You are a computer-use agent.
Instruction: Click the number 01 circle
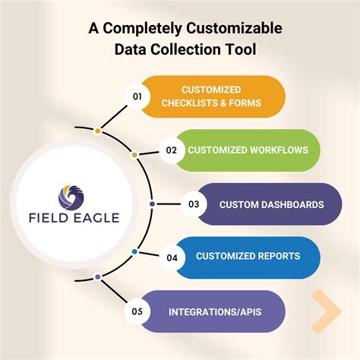(137, 97)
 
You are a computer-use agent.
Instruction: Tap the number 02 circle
(172, 150)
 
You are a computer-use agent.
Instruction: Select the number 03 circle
(194, 204)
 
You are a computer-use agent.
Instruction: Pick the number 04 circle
(172, 257)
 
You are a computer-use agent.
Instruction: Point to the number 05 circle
(137, 311)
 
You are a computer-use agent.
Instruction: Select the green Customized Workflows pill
(248, 150)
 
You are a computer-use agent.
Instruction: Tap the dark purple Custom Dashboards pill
(270, 204)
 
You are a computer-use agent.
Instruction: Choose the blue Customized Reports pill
(248, 257)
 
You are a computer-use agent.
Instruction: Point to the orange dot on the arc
(97, 131)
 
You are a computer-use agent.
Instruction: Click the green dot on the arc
(134, 154)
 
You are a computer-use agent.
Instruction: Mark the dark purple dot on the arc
(152, 204)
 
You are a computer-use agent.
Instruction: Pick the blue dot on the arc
(134, 251)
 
